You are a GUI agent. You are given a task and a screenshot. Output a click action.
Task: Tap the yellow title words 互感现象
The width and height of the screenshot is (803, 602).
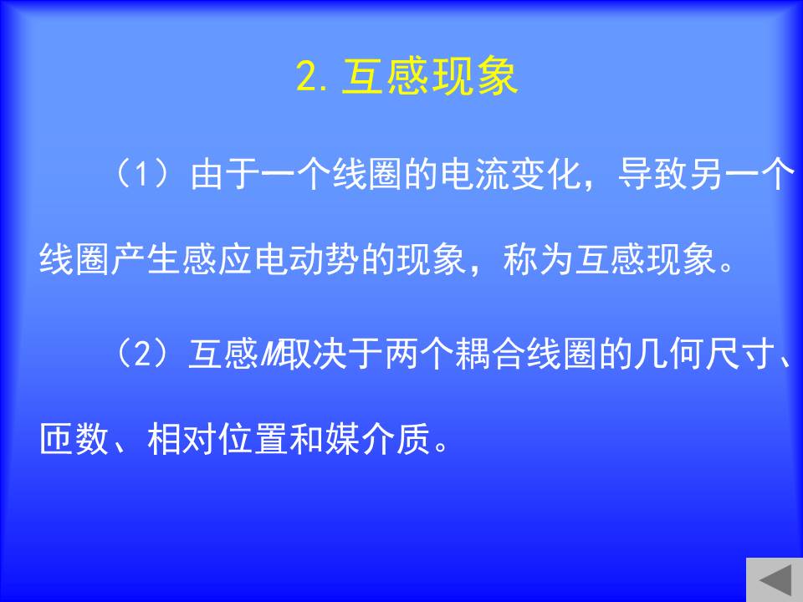coord(430,76)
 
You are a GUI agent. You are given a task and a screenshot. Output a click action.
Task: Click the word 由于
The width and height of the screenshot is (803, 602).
coord(225,174)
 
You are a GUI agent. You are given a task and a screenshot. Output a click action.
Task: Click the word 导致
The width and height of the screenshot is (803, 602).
coord(653,174)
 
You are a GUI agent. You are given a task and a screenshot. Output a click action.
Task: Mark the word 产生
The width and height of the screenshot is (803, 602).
coord(146,259)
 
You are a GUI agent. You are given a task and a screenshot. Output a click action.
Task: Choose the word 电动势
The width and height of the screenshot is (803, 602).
coord(306,259)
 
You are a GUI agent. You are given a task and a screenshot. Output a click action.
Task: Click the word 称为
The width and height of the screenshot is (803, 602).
coord(538,259)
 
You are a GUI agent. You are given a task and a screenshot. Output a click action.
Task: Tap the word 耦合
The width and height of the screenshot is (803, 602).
coord(490,354)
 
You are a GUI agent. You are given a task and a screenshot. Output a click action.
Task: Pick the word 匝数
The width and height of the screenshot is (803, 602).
coord(74,439)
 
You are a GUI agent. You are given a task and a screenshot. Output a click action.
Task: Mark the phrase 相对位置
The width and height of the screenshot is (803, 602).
coord(217,439)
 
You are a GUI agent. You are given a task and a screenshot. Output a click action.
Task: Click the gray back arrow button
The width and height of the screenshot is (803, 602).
coord(775,580)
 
